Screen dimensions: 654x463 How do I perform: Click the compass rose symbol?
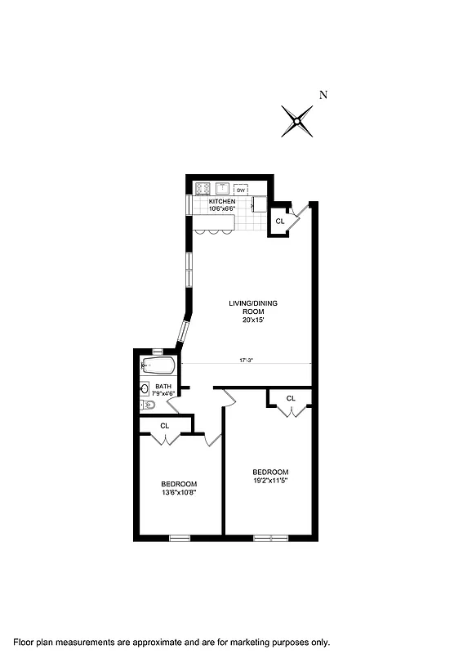(x=297, y=122)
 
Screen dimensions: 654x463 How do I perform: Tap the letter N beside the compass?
(x=323, y=95)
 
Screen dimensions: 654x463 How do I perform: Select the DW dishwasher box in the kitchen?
(x=241, y=190)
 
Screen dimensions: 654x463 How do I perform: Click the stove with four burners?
(x=203, y=187)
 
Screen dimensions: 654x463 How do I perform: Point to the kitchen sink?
(x=222, y=187)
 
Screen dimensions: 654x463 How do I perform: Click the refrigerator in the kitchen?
(x=259, y=204)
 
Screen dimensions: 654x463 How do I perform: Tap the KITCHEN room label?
(x=222, y=201)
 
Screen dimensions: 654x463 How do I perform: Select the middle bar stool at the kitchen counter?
(x=213, y=231)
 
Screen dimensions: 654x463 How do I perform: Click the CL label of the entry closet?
(x=279, y=221)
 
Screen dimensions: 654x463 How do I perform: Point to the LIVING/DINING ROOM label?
(x=253, y=307)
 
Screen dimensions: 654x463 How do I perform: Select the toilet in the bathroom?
(x=148, y=405)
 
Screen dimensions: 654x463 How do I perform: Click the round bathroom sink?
(x=144, y=388)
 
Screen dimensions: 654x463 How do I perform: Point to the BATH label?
(x=163, y=386)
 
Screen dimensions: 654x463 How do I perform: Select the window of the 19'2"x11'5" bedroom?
(x=270, y=537)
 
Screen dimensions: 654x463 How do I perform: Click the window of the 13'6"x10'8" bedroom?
(x=179, y=537)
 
